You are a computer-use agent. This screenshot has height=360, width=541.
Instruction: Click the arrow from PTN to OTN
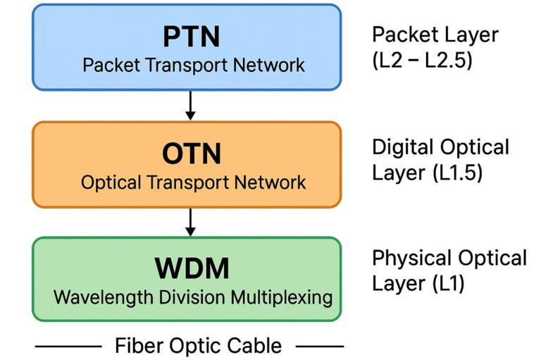(x=189, y=106)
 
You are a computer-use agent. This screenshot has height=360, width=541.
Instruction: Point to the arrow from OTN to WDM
(x=189, y=222)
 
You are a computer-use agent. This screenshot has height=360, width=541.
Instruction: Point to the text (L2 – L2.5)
(x=422, y=60)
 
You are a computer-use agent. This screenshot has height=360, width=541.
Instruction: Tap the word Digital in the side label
(x=403, y=147)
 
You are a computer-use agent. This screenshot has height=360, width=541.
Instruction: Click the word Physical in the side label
(x=410, y=259)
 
